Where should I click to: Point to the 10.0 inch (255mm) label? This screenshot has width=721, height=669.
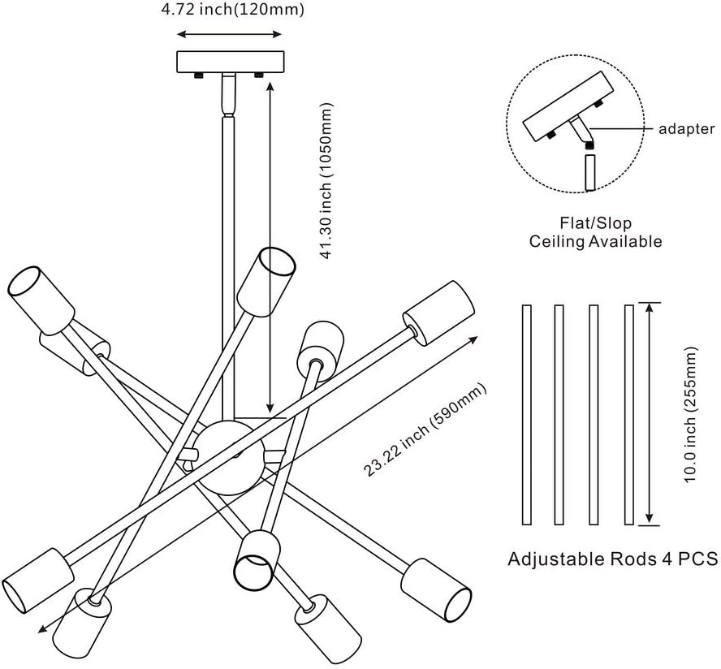(x=692, y=415)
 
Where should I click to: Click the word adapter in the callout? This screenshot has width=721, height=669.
(x=686, y=128)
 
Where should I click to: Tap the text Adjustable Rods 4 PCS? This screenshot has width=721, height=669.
(x=613, y=559)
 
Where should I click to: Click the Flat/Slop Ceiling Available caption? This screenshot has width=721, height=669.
(x=595, y=231)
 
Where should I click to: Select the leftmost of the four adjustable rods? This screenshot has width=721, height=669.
(x=526, y=414)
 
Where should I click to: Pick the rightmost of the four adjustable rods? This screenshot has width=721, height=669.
(x=628, y=414)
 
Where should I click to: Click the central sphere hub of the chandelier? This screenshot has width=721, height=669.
(x=230, y=457)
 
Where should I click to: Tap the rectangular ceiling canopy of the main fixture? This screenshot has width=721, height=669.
(x=230, y=62)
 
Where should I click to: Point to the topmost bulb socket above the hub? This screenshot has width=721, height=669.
(x=266, y=278)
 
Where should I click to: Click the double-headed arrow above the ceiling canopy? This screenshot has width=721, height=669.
(x=230, y=34)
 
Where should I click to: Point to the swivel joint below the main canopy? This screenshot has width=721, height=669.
(x=230, y=96)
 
